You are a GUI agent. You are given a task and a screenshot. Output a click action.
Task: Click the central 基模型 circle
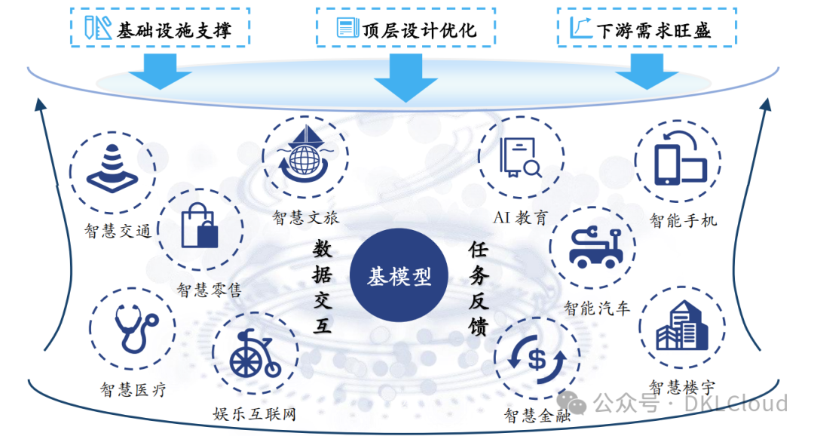pyautogui.click(x=399, y=276)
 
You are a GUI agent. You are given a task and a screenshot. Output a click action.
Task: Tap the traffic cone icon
pyautogui.click(x=112, y=170)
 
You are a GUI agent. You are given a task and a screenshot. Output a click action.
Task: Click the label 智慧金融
pyautogui.click(x=537, y=414)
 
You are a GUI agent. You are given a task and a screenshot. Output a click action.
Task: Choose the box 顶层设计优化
pyautogui.click(x=406, y=29)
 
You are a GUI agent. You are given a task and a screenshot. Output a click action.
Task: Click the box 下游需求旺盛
pyautogui.click(x=647, y=29)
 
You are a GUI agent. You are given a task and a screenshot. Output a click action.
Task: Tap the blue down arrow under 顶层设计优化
pyautogui.click(x=405, y=78)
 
